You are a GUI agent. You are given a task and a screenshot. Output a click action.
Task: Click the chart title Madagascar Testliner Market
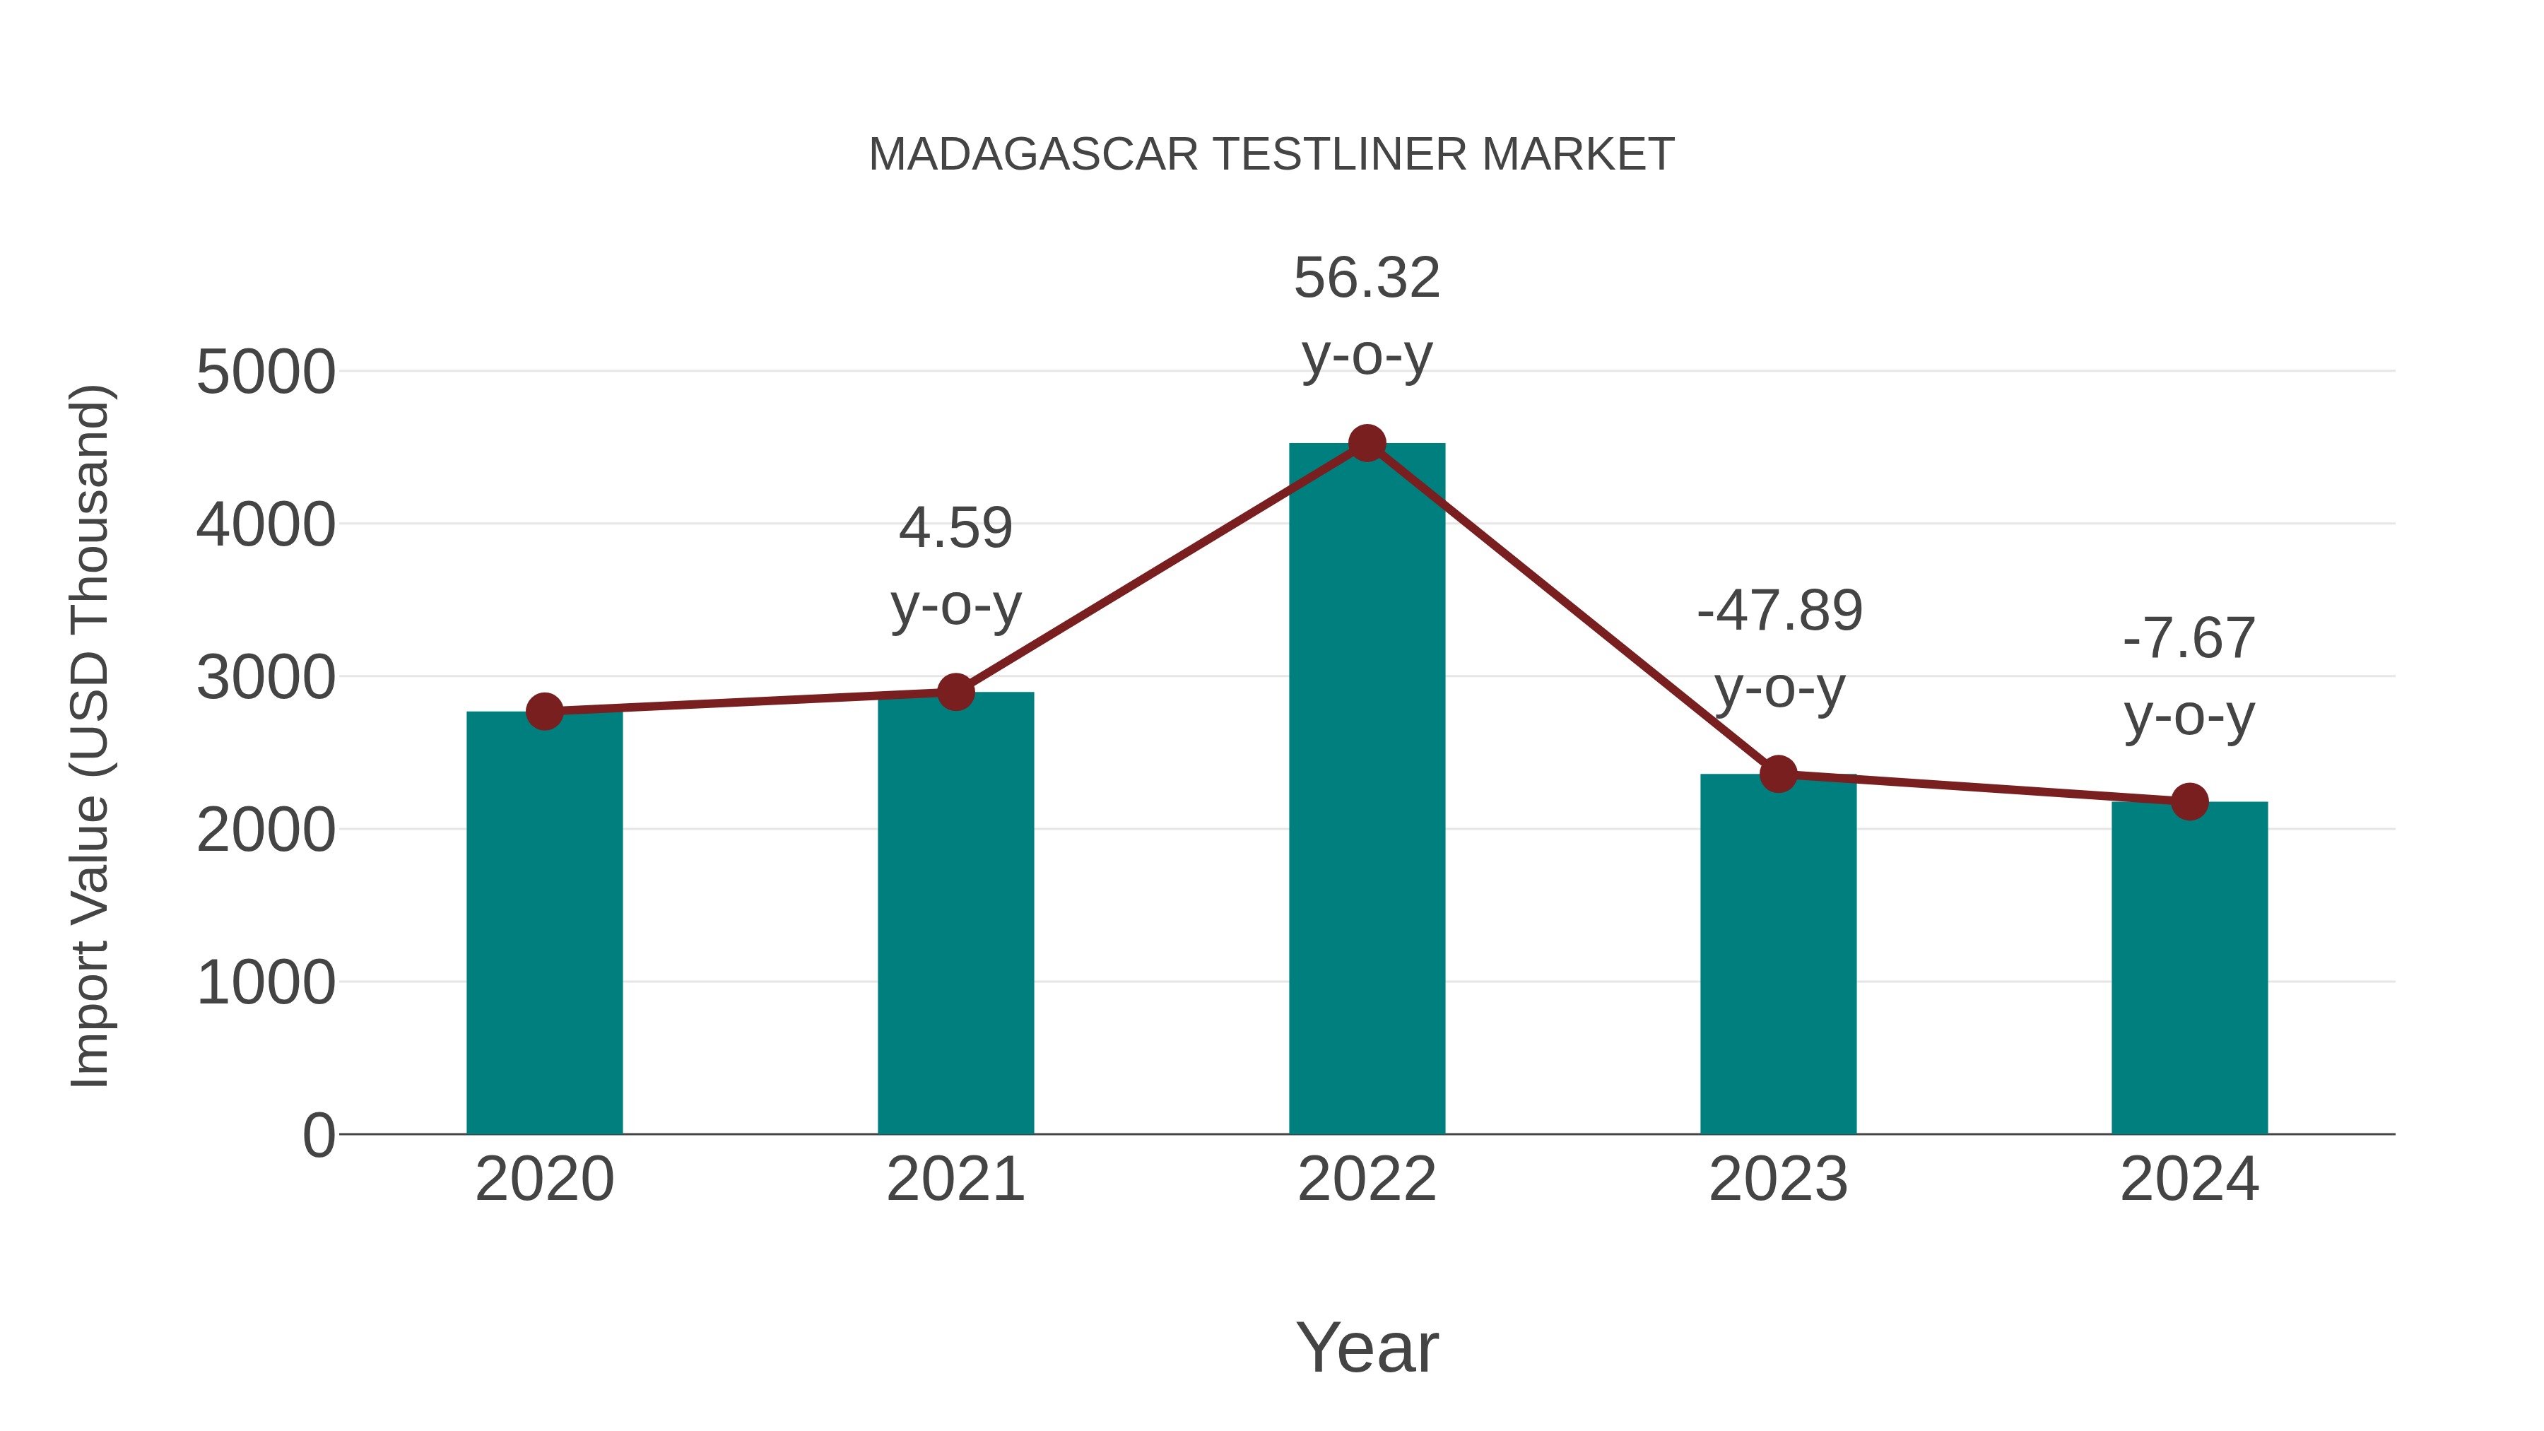pos(1271,155)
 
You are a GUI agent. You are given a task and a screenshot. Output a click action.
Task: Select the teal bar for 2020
pos(544,924)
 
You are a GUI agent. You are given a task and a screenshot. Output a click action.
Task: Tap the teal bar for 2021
pos(955,914)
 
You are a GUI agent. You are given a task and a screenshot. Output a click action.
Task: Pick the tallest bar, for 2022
pos(1367,790)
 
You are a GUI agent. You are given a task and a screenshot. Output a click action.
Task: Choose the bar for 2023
pos(1778,955)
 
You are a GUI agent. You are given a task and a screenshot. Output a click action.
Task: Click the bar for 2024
pos(2189,968)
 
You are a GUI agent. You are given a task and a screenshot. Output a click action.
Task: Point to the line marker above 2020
pos(544,711)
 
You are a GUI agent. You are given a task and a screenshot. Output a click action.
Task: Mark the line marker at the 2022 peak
pos(1367,443)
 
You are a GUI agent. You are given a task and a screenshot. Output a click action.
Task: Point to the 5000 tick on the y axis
pos(266,373)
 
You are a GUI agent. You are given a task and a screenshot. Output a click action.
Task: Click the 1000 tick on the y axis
pos(266,984)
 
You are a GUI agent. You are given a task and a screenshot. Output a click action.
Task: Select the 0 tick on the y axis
pos(319,1136)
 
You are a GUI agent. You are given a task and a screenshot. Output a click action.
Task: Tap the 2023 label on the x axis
pos(1778,1180)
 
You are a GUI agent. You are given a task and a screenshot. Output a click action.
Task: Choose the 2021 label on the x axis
pos(955,1180)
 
